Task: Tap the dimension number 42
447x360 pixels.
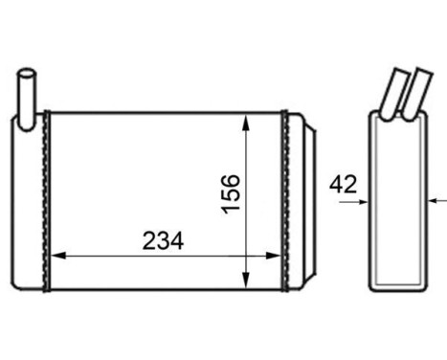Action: [342, 183]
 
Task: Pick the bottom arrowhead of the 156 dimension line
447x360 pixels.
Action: [248, 281]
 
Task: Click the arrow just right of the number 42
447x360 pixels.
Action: [361, 201]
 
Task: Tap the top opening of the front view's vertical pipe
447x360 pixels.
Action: [29, 73]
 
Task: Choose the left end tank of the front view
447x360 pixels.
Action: [29, 201]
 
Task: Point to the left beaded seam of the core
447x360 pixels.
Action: [45, 201]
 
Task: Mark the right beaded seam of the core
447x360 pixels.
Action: [283, 201]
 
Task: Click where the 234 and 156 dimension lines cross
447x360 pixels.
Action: [248, 256]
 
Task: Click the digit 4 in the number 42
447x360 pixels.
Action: [336, 183]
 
